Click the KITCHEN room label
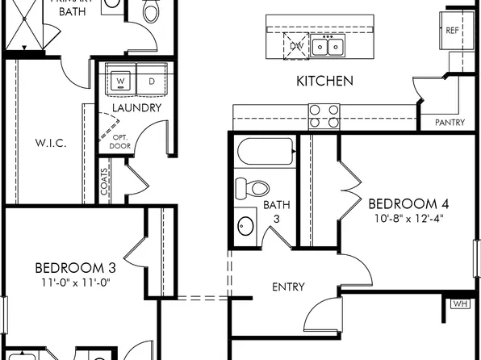click(x=324, y=81)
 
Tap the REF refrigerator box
click(x=453, y=30)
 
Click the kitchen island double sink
click(x=329, y=47)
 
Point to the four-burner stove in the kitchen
click(x=324, y=117)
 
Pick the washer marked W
click(x=121, y=81)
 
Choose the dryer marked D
click(x=151, y=81)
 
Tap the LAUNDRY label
click(x=136, y=107)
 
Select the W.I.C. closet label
click(x=50, y=143)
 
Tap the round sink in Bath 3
click(x=245, y=225)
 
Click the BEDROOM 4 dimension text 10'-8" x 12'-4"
click(x=408, y=218)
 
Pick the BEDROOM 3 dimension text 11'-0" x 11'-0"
click(x=72, y=283)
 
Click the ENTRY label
click(x=288, y=287)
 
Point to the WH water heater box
click(x=460, y=304)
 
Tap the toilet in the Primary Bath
click(x=151, y=12)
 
